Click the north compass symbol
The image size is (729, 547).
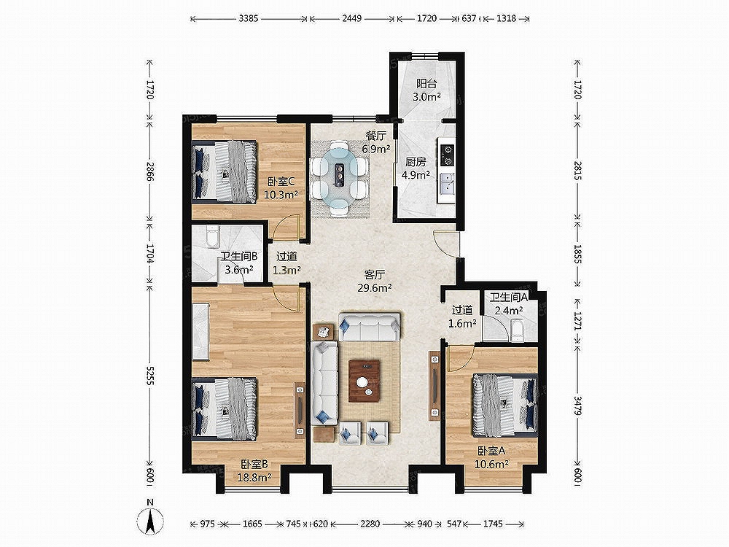click(149, 518)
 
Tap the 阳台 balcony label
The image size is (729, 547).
click(426, 84)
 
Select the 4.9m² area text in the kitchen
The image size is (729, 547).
click(416, 175)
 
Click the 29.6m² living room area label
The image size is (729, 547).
click(374, 287)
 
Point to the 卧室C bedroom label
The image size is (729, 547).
click(281, 182)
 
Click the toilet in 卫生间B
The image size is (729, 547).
click(212, 236)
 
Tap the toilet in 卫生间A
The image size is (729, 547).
click(517, 329)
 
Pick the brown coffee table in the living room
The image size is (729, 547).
click(364, 381)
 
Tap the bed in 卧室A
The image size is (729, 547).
click(505, 405)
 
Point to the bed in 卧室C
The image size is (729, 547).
click(225, 171)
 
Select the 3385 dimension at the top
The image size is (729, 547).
click(249, 19)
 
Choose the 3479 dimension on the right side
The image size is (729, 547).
click(577, 406)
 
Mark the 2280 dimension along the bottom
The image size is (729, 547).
click(370, 524)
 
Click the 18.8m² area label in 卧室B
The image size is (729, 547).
click(254, 476)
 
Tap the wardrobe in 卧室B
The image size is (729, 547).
click(201, 330)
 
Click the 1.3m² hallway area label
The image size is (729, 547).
click(286, 269)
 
